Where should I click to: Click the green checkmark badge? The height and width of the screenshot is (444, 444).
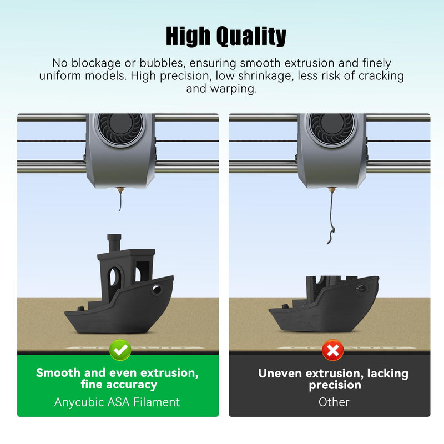tap(120, 350)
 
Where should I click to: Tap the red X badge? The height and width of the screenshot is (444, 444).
tap(332, 350)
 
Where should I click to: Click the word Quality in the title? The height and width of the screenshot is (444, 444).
tap(251, 36)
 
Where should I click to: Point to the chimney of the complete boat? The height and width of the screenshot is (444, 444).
tap(114, 243)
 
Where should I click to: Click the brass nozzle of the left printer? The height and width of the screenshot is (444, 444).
tap(120, 189)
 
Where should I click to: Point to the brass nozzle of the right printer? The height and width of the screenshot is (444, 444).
tap(332, 189)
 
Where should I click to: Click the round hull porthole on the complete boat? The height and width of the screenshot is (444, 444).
tap(156, 290)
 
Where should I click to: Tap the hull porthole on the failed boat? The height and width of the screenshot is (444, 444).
tap(361, 289)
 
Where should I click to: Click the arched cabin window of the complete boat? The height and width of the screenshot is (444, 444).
tap(113, 276)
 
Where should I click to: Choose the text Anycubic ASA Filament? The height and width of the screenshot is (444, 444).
tap(117, 402)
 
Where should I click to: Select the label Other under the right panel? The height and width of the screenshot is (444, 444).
tap(334, 402)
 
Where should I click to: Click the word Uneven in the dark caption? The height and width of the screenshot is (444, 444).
tap(280, 373)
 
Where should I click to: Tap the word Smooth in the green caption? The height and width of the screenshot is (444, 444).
tap(58, 372)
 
